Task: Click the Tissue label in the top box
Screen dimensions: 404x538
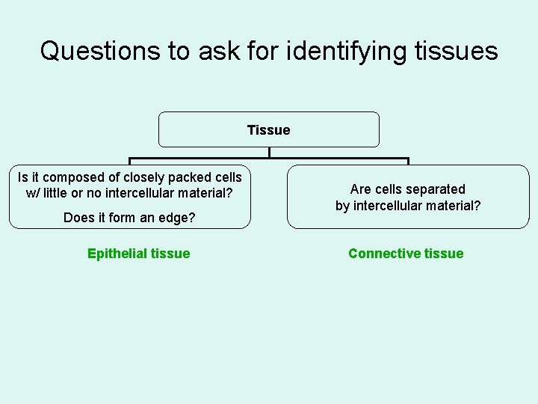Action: (x=268, y=130)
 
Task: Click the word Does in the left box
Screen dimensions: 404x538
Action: (x=78, y=218)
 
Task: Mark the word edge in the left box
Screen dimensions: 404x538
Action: (x=177, y=218)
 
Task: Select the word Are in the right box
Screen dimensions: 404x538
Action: (x=362, y=189)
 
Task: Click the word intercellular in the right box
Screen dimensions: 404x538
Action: (x=389, y=206)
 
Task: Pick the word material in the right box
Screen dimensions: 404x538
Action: (x=453, y=206)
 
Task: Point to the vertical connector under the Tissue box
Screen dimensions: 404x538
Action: (x=269, y=153)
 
